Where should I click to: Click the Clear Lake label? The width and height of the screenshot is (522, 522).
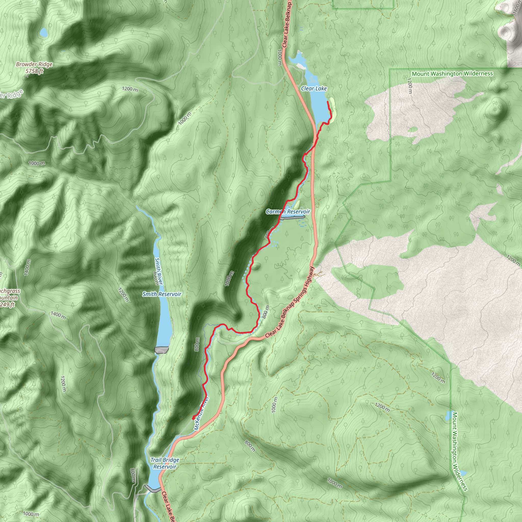click(x=314, y=89)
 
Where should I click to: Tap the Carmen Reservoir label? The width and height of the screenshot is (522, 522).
click(x=288, y=212)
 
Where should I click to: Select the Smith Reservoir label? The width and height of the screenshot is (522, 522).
click(x=162, y=294)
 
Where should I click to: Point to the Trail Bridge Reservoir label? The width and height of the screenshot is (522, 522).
click(x=165, y=463)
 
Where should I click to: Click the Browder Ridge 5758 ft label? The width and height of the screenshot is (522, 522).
click(x=34, y=68)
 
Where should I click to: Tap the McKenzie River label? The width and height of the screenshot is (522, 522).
click(x=201, y=413)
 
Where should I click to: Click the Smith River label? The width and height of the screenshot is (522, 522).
click(x=159, y=271)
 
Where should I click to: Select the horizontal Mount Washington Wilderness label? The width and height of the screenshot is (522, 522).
click(x=452, y=73)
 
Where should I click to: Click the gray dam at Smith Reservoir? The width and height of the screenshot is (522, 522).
click(x=162, y=350)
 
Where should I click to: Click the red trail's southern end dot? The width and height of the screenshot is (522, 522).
click(x=193, y=418)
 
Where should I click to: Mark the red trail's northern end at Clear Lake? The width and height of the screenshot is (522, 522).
click(x=328, y=102)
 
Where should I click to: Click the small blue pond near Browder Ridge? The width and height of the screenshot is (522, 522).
click(x=43, y=33)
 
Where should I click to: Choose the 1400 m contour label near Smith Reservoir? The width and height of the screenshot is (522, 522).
click(x=58, y=315)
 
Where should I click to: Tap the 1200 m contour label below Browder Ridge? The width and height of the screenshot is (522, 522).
click(x=130, y=89)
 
